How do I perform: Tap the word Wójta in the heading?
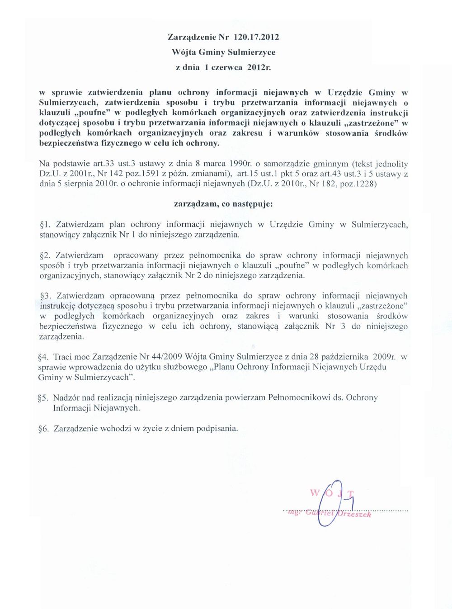183,52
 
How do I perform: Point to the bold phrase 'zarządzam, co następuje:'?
223,204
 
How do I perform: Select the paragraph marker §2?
46,255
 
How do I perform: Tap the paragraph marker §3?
46,296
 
